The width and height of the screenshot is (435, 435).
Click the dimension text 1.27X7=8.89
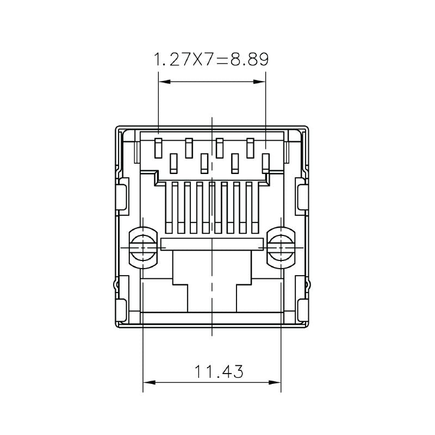[212, 59]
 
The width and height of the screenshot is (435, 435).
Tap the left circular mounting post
[143, 247]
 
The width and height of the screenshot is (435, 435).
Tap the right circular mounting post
[281, 247]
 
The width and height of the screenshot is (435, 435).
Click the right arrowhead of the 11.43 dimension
[277, 382]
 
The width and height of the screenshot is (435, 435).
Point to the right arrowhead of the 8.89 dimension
[261, 82]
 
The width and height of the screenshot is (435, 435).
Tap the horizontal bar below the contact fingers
[212, 244]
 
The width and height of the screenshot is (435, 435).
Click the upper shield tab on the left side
[122, 198]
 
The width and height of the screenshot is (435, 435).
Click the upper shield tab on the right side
[302, 198]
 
